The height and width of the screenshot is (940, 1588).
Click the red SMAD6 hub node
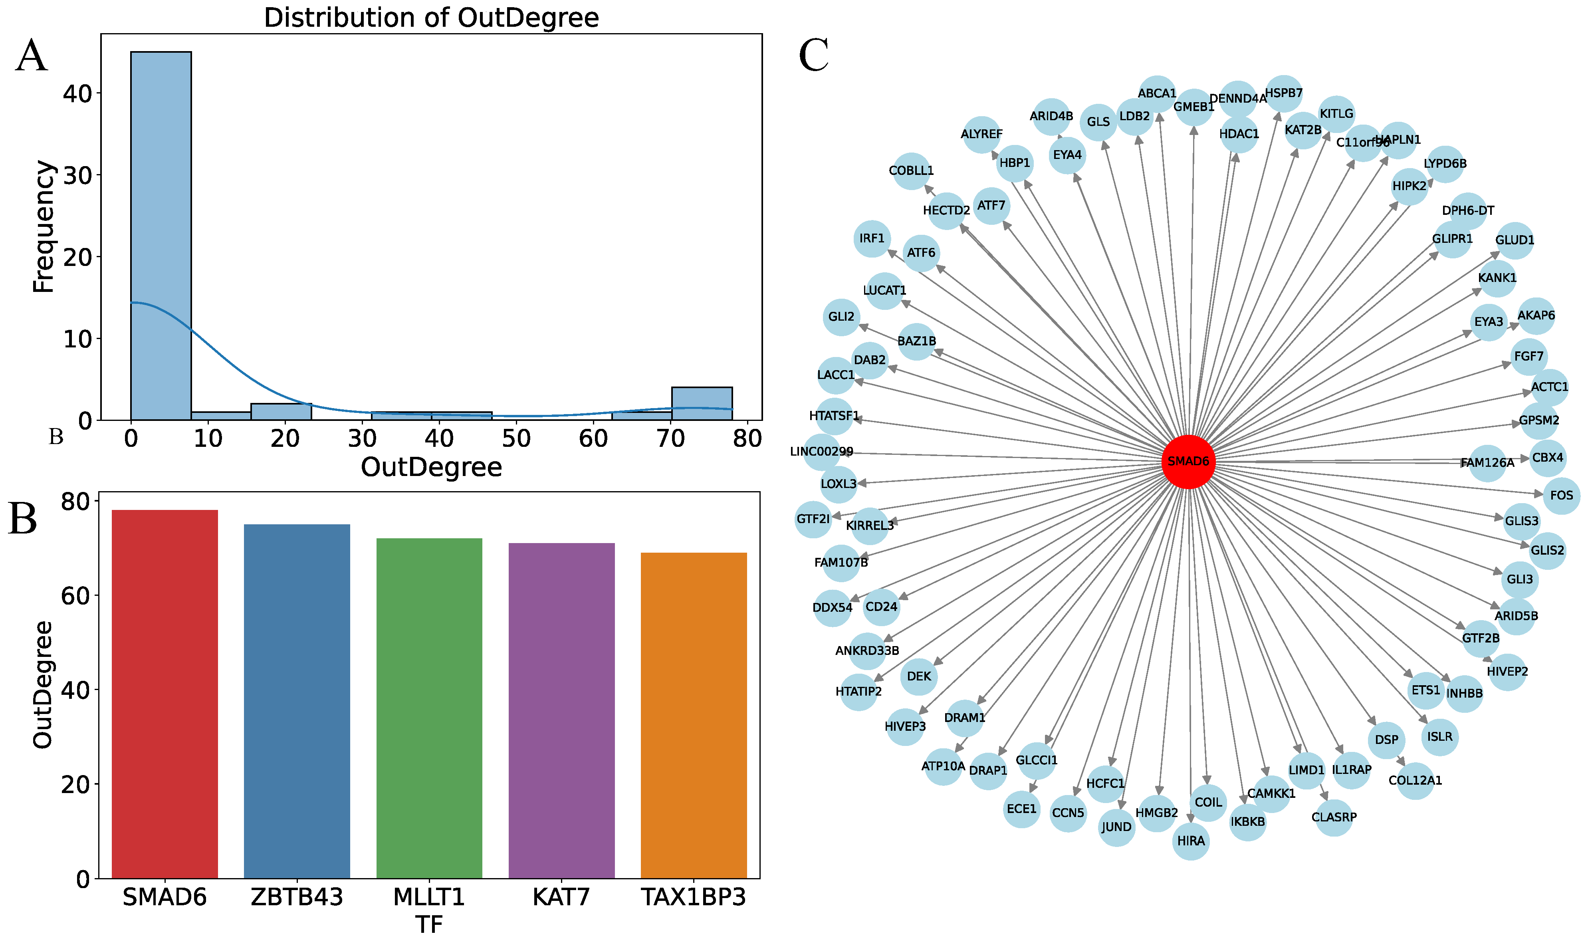(x=1188, y=462)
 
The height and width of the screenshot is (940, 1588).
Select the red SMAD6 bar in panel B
(x=165, y=694)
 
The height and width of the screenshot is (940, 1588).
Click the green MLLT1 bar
(x=429, y=708)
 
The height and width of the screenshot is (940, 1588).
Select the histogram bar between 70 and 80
(x=702, y=403)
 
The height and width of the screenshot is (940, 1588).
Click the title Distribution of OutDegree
(x=431, y=18)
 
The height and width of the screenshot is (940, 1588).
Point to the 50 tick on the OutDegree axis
(x=516, y=438)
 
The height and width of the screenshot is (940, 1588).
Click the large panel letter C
(x=814, y=56)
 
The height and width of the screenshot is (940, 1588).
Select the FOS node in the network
(x=1561, y=495)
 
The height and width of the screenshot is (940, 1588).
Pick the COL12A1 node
(x=1415, y=780)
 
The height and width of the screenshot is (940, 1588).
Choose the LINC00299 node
(x=822, y=452)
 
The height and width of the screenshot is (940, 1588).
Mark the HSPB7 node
(x=1283, y=93)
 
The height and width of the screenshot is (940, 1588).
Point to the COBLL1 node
(x=911, y=171)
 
